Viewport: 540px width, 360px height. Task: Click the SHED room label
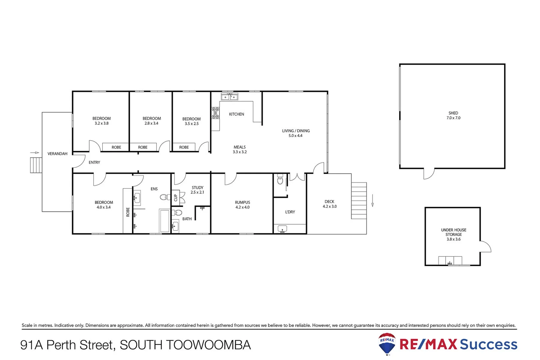pyautogui.click(x=453, y=113)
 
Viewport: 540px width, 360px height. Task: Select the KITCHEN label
pyautogui.click(x=237, y=114)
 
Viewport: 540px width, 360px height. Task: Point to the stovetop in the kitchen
pyautogui.click(x=216, y=113)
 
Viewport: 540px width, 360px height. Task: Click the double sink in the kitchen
pyautogui.click(x=230, y=97)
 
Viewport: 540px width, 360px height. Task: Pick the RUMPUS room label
pyautogui.click(x=242, y=202)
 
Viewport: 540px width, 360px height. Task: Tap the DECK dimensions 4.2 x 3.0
pyautogui.click(x=329, y=206)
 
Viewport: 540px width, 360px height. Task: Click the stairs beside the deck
pyautogui.click(x=359, y=200)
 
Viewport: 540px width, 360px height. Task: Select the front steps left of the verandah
pyautogui.click(x=36, y=165)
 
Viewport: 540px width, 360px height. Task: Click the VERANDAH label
pyautogui.click(x=57, y=154)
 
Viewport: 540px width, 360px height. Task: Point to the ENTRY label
pyautogui.click(x=94, y=162)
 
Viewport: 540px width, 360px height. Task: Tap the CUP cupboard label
pyautogui.click(x=176, y=198)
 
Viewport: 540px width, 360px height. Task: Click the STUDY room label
pyautogui.click(x=197, y=188)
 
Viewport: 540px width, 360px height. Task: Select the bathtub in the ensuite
pyautogui.click(x=164, y=220)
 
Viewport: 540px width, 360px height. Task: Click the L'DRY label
pyautogui.click(x=290, y=212)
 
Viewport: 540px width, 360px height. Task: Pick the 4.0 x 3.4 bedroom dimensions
pyautogui.click(x=103, y=207)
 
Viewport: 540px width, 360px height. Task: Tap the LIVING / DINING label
pyautogui.click(x=296, y=131)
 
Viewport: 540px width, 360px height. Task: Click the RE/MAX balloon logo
pyautogui.click(x=387, y=344)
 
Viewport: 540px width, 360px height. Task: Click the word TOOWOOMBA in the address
pyautogui.click(x=208, y=345)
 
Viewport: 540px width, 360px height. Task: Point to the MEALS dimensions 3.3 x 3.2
pyautogui.click(x=240, y=152)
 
